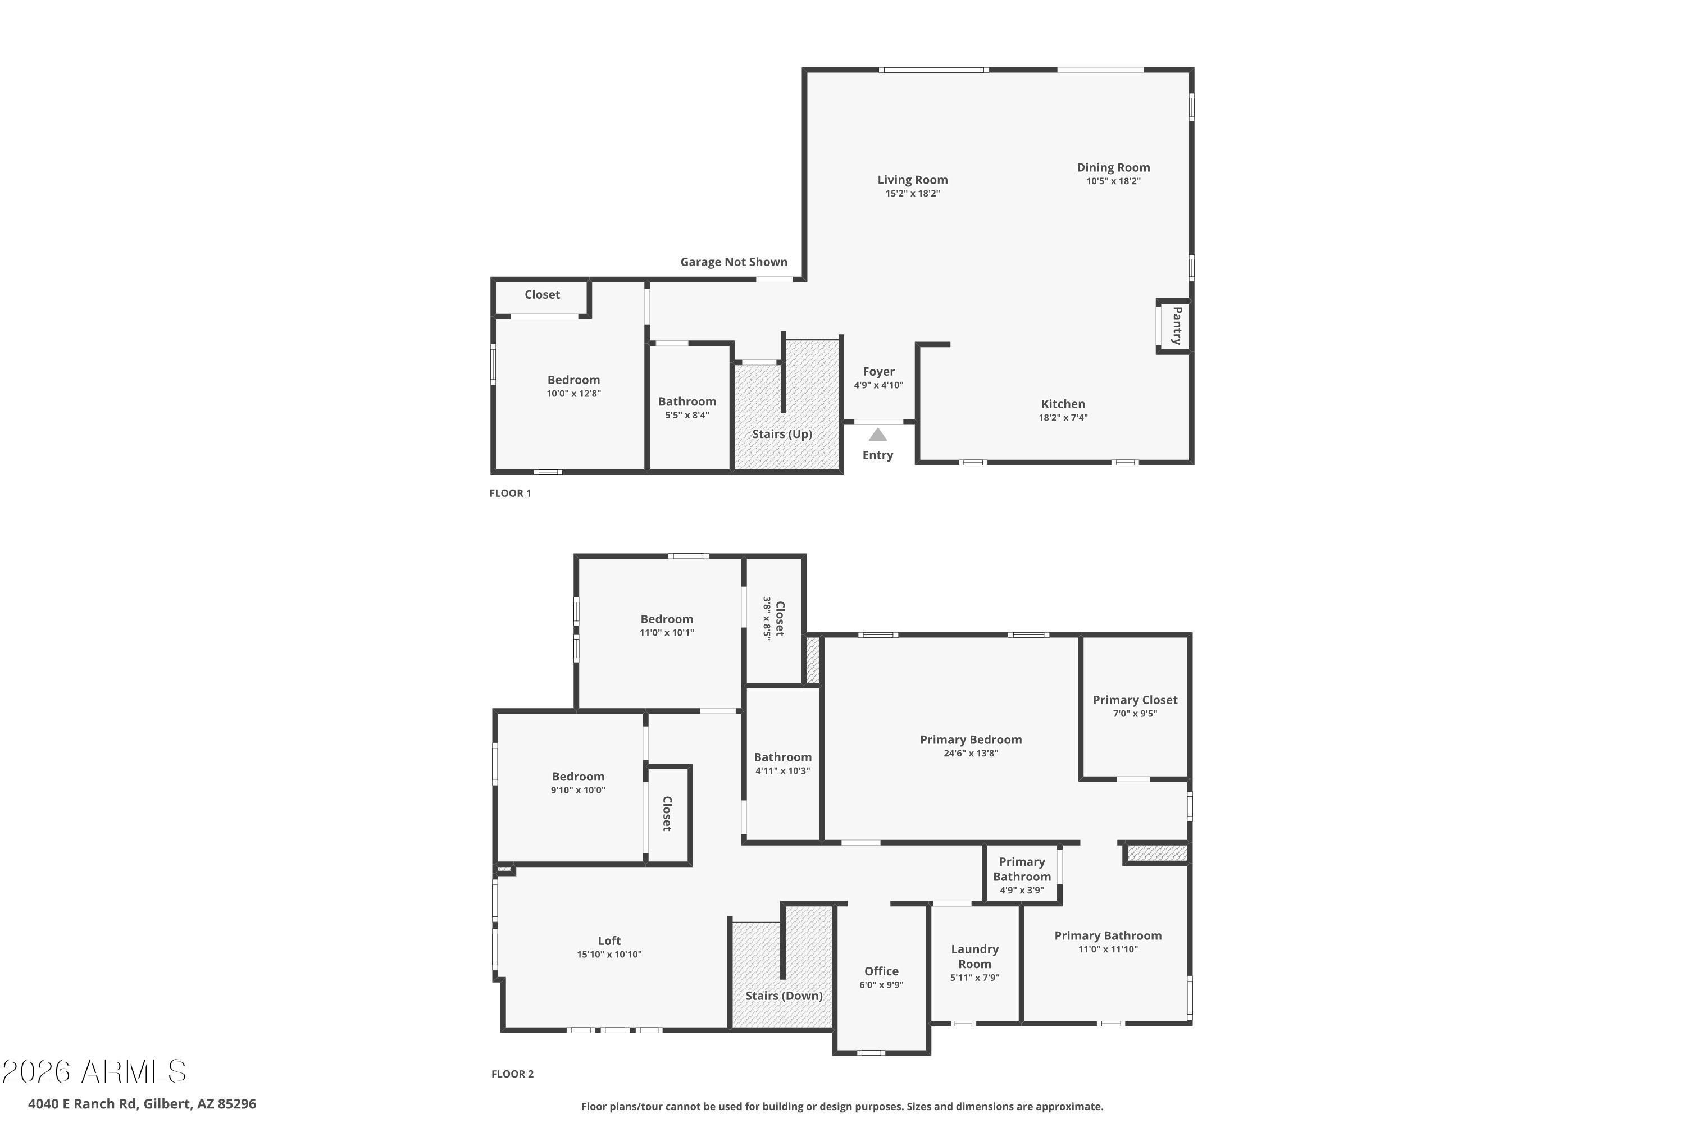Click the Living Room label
pyautogui.click(x=912, y=180)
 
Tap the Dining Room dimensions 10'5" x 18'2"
pyautogui.click(x=1113, y=181)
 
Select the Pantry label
pyautogui.click(x=1176, y=326)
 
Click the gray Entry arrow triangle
pyautogui.click(x=877, y=435)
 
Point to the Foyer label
pyautogui.click(x=878, y=371)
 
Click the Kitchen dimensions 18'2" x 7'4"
pyautogui.click(x=1063, y=418)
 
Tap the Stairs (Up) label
pyautogui.click(x=782, y=434)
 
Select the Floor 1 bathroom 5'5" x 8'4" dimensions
pyautogui.click(x=686, y=416)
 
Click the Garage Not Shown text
pyautogui.click(x=734, y=262)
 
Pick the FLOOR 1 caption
pyautogui.click(x=510, y=493)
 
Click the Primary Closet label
pyautogui.click(x=1135, y=700)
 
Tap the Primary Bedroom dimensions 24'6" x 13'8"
pyautogui.click(x=971, y=753)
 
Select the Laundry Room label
pyautogui.click(x=974, y=956)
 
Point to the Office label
pyautogui.click(x=881, y=971)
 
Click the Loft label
pyautogui.click(x=609, y=941)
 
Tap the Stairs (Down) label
pyautogui.click(x=784, y=996)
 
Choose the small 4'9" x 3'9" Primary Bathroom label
pyautogui.click(x=1022, y=869)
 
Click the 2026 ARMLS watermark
pyautogui.click(x=94, y=1072)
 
